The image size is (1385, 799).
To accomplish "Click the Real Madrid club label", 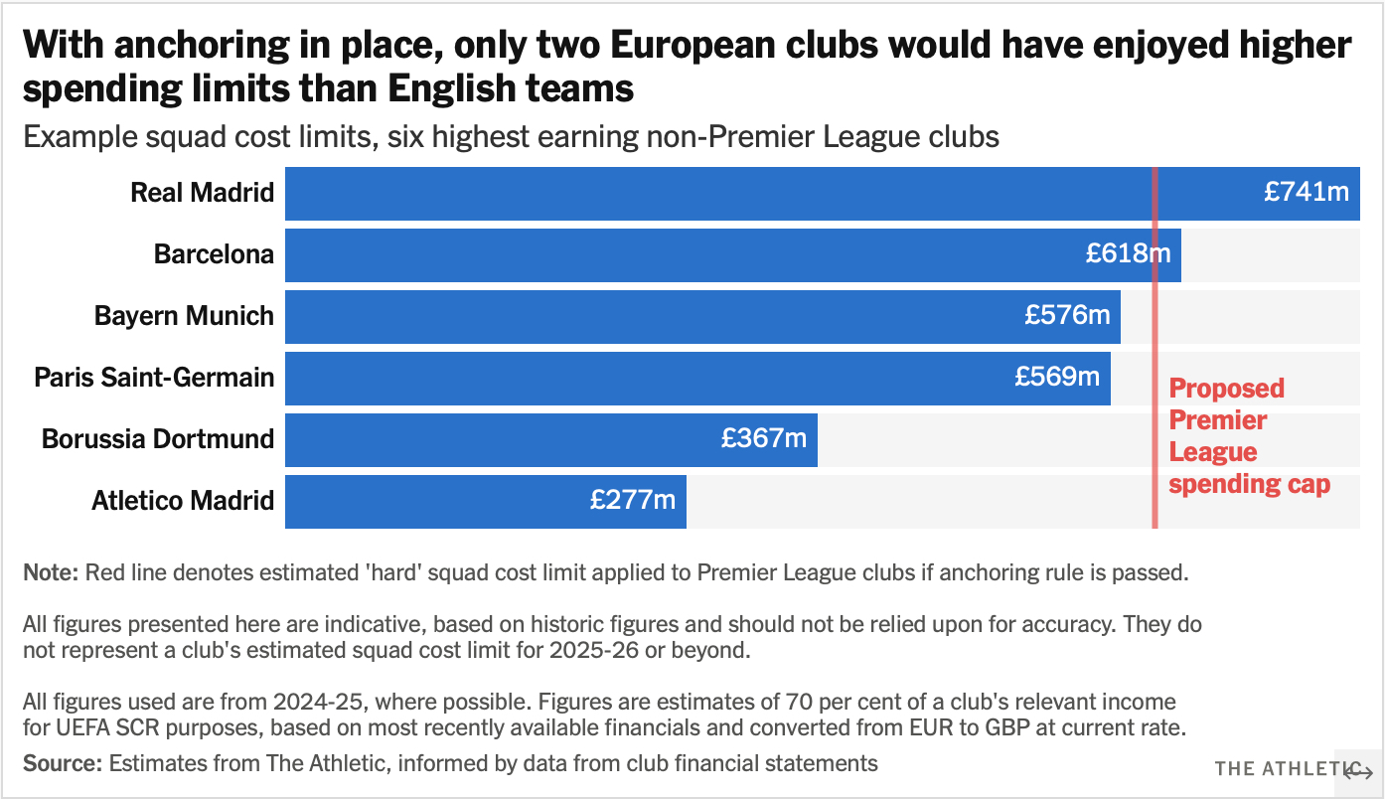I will (203, 193).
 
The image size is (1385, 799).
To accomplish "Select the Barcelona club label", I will (214, 254).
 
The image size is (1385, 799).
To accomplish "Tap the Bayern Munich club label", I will (184, 316).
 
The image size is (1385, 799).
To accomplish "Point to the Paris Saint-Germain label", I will (154, 378).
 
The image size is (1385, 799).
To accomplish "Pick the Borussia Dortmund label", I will (158, 439).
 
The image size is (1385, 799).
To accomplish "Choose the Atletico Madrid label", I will (183, 501).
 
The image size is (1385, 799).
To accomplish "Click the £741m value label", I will (1307, 193).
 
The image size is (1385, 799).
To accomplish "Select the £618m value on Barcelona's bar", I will (1128, 254).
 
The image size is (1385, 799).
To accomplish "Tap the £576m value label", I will (1067, 316).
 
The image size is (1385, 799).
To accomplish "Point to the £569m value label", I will (1057, 378).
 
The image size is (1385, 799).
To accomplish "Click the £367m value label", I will (764, 439).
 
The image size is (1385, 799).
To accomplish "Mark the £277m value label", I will (633, 501).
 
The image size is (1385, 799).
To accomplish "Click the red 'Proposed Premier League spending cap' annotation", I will (1248, 436).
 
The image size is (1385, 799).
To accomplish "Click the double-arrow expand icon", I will (1358, 772).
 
